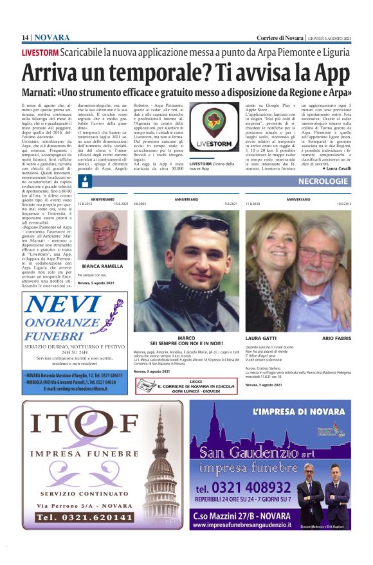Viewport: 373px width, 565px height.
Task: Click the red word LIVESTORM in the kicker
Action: pos(40,51)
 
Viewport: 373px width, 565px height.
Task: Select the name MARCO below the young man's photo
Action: pos(186,337)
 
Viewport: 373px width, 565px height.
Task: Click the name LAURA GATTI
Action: pos(261,337)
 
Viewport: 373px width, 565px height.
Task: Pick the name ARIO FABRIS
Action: pos(336,337)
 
